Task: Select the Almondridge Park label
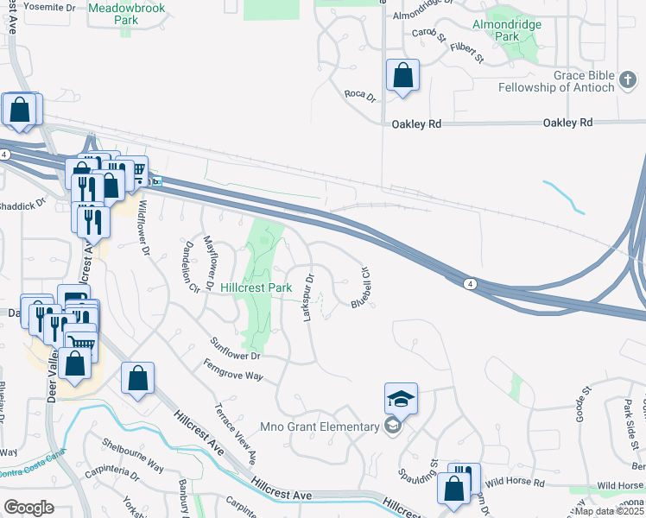click(507, 31)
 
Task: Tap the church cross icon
click(628, 86)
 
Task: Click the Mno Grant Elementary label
click(330, 426)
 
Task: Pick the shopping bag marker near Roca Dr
click(402, 75)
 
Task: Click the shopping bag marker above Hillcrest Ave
click(138, 379)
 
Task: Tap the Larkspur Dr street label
click(308, 299)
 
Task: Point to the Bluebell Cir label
click(361, 287)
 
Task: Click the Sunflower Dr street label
click(231, 355)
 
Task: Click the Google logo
click(28, 508)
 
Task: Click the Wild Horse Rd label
click(515, 484)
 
